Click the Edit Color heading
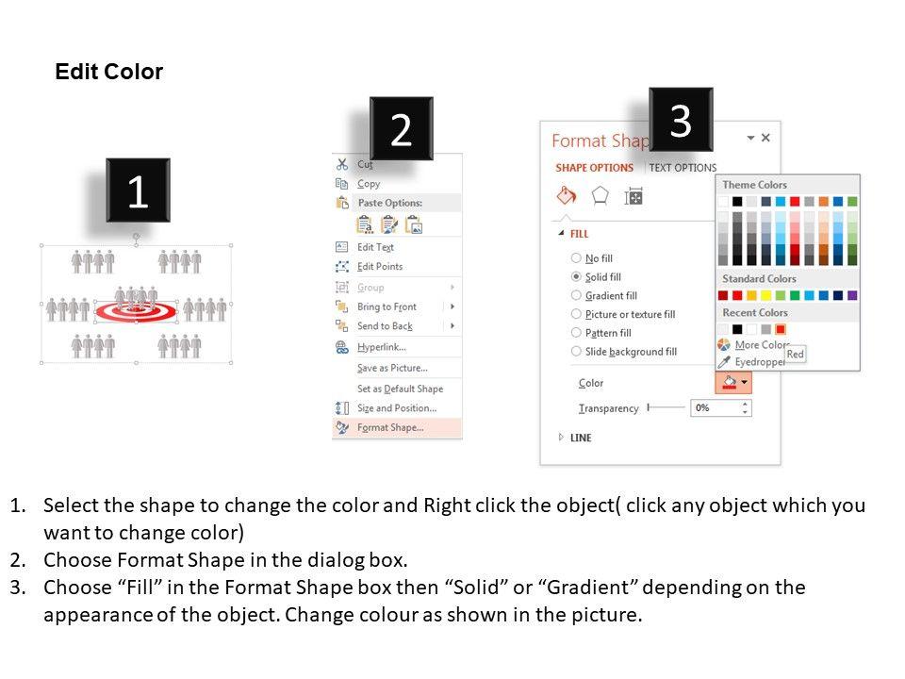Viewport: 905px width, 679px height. tap(109, 72)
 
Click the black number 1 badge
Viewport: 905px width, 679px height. tap(138, 190)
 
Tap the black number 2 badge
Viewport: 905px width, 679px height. tap(402, 128)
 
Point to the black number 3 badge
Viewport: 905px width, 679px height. tap(681, 120)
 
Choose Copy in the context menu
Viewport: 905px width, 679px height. tap(369, 184)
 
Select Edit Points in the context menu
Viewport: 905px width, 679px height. tap(380, 266)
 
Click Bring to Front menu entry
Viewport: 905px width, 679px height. tap(387, 306)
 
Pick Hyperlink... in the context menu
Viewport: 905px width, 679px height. tap(382, 347)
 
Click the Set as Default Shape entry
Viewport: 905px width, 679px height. tap(400, 389)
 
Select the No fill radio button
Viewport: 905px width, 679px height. tap(576, 258)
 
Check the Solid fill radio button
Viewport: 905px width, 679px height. tap(576, 276)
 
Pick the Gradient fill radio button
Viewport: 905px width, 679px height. tap(576, 295)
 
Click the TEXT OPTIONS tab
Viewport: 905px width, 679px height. tap(683, 168)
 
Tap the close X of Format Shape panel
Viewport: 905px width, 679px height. tap(765, 138)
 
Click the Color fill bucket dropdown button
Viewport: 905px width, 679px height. tap(733, 382)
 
